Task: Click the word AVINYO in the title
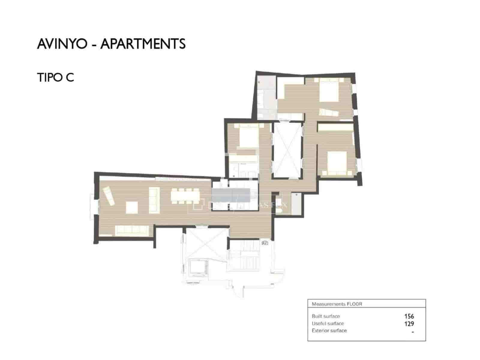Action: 62,44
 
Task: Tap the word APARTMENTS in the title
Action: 143,44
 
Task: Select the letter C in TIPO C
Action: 70,78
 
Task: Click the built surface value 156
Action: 409,316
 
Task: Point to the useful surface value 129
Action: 409,324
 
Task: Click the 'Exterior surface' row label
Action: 329,331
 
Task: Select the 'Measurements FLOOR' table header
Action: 337,304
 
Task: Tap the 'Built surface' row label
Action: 325,316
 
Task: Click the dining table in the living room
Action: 185,196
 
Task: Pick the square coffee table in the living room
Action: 132,207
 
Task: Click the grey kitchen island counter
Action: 231,195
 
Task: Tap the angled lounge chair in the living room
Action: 108,196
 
